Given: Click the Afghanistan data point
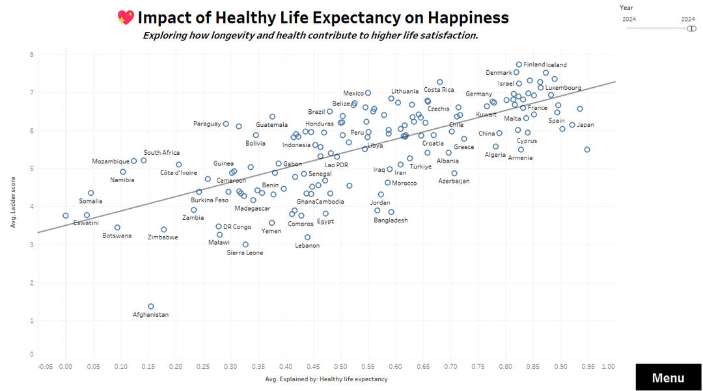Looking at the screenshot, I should pyautogui.click(x=151, y=306).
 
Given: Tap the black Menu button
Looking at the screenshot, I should pyautogui.click(x=668, y=378).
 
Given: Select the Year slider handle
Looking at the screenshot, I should pyautogui.click(x=691, y=29).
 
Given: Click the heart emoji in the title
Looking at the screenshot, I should pyautogui.click(x=126, y=18).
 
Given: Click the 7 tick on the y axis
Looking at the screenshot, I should pyautogui.click(x=31, y=92).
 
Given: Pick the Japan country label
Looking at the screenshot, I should pyautogui.click(x=586, y=125).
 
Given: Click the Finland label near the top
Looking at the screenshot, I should pyautogui.click(x=534, y=64).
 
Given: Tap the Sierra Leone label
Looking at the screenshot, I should pyautogui.click(x=245, y=252).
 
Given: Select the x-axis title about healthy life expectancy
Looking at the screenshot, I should pyautogui.click(x=326, y=379).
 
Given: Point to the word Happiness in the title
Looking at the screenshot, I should pyautogui.click(x=463, y=18).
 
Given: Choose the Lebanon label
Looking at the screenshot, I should pyautogui.click(x=307, y=245).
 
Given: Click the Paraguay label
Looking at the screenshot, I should pyautogui.click(x=207, y=124).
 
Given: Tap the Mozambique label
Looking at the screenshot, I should pyautogui.click(x=111, y=161).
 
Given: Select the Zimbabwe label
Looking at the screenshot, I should pyautogui.click(x=163, y=237).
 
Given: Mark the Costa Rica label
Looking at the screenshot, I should pyautogui.click(x=439, y=90).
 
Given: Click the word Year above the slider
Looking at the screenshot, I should pyautogui.click(x=626, y=7).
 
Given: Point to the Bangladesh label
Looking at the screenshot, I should pyautogui.click(x=391, y=220).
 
